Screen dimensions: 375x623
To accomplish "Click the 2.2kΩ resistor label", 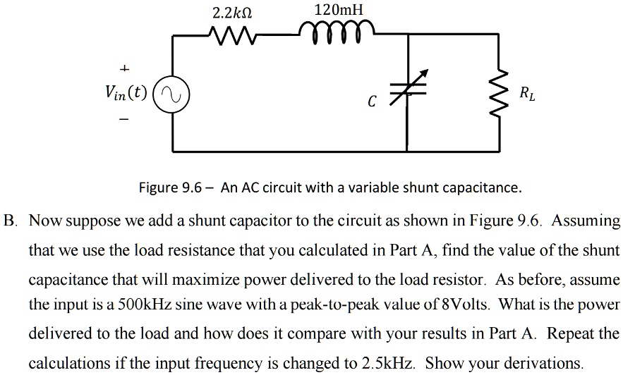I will [232, 13].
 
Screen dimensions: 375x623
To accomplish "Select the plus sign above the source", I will [124, 68].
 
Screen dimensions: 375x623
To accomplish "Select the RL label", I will [526, 93].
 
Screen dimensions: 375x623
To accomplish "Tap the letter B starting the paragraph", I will [9, 221].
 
